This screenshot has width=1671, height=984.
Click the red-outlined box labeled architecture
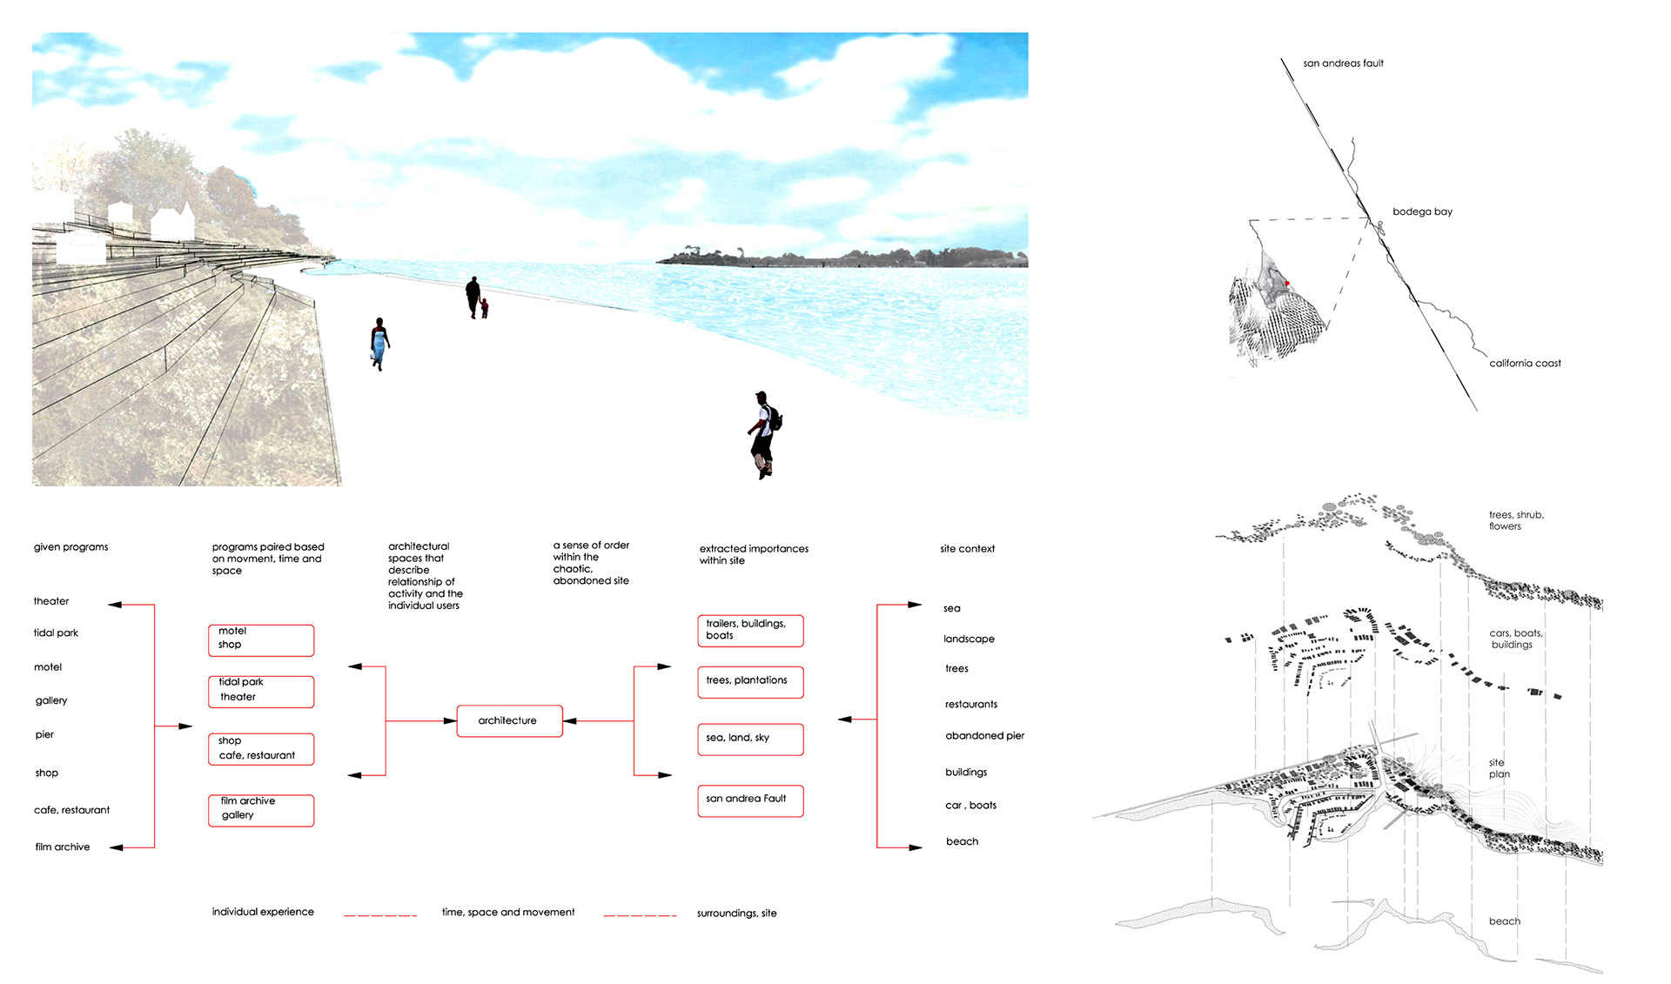pos(509,721)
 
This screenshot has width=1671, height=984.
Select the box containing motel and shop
pos(260,640)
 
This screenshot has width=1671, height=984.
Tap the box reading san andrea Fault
pos(749,800)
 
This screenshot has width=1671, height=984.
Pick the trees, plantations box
pos(749,682)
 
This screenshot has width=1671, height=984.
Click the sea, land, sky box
pos(749,739)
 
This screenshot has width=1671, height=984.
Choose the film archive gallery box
pos(260,810)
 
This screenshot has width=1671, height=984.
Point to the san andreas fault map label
pos(1343,64)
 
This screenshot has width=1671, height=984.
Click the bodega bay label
pos(1422,211)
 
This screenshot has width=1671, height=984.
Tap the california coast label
pos(1525,364)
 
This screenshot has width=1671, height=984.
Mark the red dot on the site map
pos(1287,284)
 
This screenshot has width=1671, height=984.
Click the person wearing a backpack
pos(763,434)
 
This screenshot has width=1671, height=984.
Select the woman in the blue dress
pos(379,344)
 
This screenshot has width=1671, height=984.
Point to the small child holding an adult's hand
pos(485,308)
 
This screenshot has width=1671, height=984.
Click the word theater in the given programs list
pos(51,601)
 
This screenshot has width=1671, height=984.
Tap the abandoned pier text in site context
pos(984,736)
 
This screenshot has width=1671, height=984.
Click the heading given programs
pos(71,547)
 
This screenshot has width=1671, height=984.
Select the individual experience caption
pos(263,912)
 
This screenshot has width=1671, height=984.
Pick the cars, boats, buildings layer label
pos(1515,639)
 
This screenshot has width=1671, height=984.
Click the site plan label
pos(1499,768)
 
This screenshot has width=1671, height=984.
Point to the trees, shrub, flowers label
pos(1515,520)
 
